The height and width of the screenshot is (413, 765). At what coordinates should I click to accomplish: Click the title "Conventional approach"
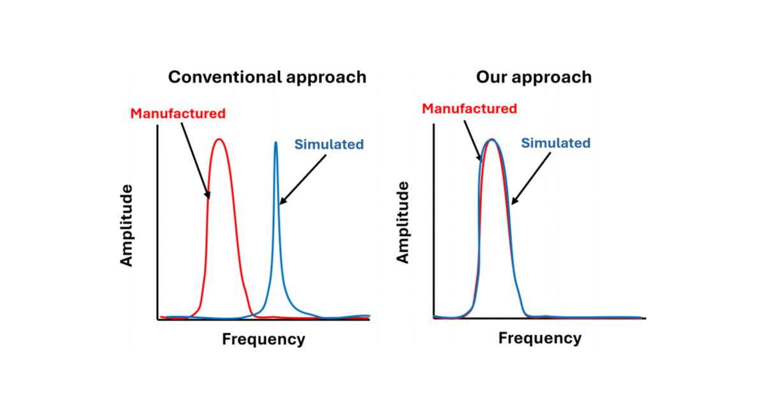[x=267, y=78]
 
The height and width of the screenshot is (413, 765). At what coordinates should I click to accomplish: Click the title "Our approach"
[x=534, y=78]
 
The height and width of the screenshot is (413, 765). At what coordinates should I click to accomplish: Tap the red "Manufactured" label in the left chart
[x=178, y=113]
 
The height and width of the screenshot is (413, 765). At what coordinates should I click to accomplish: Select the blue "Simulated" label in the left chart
[x=329, y=145]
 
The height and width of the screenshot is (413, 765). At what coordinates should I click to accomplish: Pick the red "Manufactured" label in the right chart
[x=470, y=109]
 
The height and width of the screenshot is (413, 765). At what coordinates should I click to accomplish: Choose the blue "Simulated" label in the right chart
[x=556, y=143]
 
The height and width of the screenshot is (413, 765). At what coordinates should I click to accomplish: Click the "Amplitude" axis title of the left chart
[x=126, y=225]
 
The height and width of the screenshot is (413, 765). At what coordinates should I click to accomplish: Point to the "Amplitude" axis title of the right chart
[x=402, y=222]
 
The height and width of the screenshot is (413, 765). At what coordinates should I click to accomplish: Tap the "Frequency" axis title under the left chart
[x=264, y=340]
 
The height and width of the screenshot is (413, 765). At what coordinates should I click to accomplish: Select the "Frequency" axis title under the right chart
[x=540, y=338]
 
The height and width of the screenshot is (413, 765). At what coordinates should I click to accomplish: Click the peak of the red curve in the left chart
[x=219, y=139]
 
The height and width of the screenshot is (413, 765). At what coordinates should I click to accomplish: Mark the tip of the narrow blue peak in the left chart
[x=275, y=142]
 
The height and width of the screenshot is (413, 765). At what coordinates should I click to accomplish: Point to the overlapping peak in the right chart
[x=492, y=139]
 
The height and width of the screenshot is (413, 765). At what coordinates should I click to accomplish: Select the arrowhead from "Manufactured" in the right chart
[x=479, y=157]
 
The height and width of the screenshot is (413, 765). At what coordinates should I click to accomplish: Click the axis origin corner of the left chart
[x=157, y=319]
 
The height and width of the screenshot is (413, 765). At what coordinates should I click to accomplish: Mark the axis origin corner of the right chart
[x=433, y=319]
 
